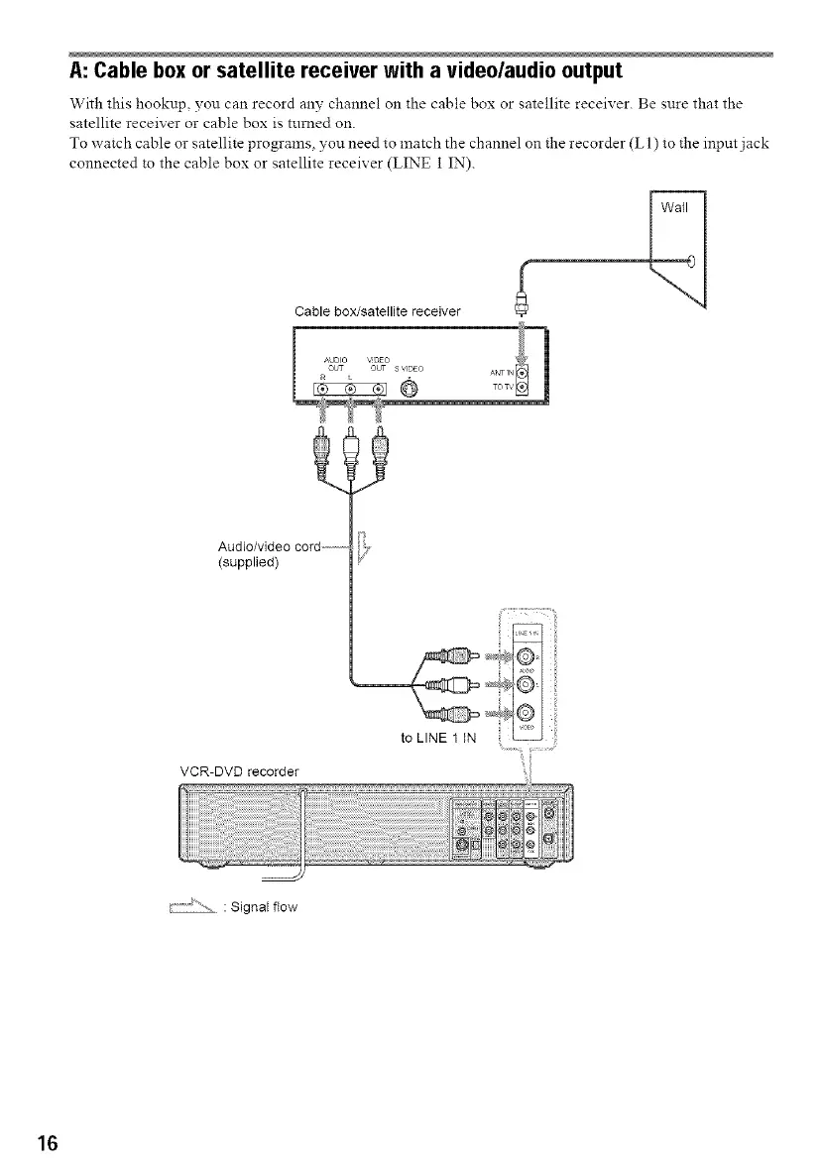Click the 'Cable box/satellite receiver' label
pos(367,313)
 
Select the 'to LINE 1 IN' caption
pos(437,738)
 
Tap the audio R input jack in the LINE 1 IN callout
pos(526,654)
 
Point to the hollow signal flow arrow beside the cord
pos(362,545)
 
